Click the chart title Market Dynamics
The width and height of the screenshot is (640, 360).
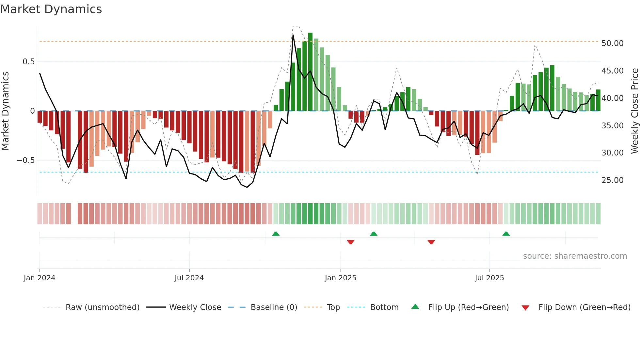(51, 9)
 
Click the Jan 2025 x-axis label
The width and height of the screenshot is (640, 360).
(341, 278)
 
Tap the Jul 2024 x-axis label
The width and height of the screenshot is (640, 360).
(189, 278)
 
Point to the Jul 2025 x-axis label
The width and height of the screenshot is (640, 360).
(489, 278)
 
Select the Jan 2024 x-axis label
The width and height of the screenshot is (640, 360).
(40, 278)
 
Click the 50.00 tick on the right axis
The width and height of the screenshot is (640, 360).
(612, 43)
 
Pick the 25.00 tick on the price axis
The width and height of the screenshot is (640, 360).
(612, 180)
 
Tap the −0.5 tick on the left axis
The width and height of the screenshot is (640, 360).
(25, 160)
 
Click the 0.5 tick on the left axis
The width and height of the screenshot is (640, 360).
(28, 62)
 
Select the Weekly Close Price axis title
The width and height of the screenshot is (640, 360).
(634, 111)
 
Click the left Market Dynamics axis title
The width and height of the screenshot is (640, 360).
(5, 111)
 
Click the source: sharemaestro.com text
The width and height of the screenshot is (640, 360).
(575, 256)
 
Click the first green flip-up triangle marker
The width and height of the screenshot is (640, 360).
(276, 234)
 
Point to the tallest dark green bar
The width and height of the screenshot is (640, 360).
(310, 72)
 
